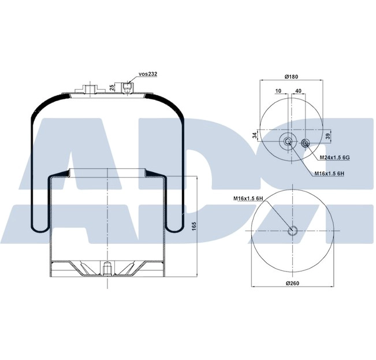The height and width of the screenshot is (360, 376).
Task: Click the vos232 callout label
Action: (148, 75)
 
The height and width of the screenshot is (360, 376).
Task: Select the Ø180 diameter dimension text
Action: (291, 76)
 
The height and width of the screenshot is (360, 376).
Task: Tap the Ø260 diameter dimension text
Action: (294, 283)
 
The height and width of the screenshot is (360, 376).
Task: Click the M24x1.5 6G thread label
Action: (334, 157)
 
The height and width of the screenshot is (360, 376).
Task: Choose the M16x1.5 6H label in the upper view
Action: (329, 174)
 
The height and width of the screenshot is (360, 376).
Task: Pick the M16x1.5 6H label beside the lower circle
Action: (248, 199)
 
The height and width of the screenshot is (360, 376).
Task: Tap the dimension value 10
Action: (278, 91)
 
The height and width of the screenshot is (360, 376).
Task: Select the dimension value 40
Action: (298, 91)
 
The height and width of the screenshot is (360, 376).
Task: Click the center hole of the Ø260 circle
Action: (293, 231)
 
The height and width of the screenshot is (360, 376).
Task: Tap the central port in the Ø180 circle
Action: (288, 142)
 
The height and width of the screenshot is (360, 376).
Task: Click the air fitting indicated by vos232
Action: (128, 88)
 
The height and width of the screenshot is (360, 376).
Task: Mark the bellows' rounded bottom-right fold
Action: (176, 225)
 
